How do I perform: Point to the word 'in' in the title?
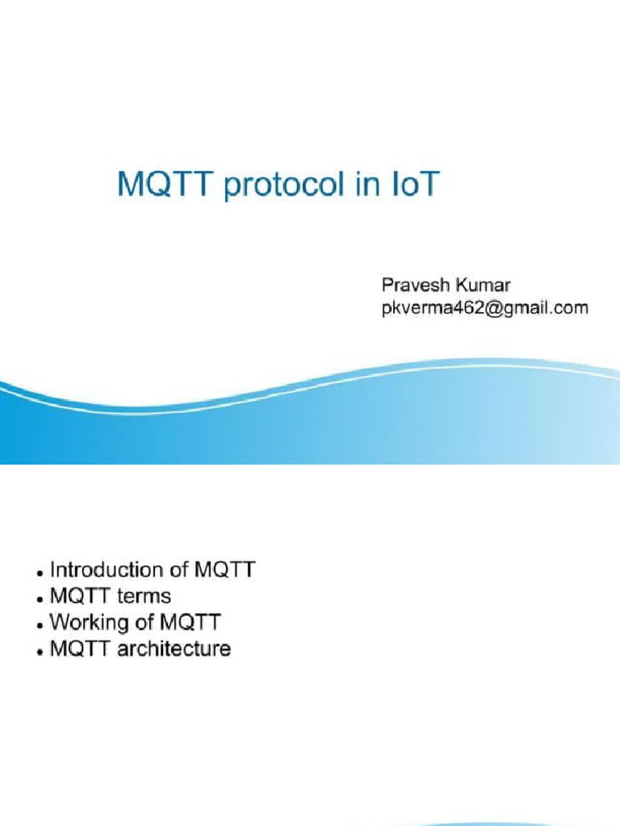[367, 185]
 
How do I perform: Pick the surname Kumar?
[482, 286]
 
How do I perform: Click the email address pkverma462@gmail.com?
[484, 307]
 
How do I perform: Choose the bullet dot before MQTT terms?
[40, 599]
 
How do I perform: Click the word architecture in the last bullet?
[174, 648]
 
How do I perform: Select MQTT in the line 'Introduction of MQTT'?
[225, 569]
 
